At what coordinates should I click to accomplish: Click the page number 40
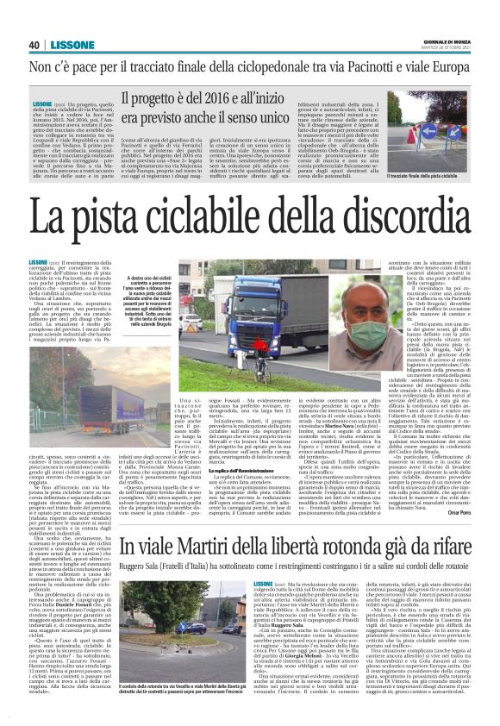pos(34,45)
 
